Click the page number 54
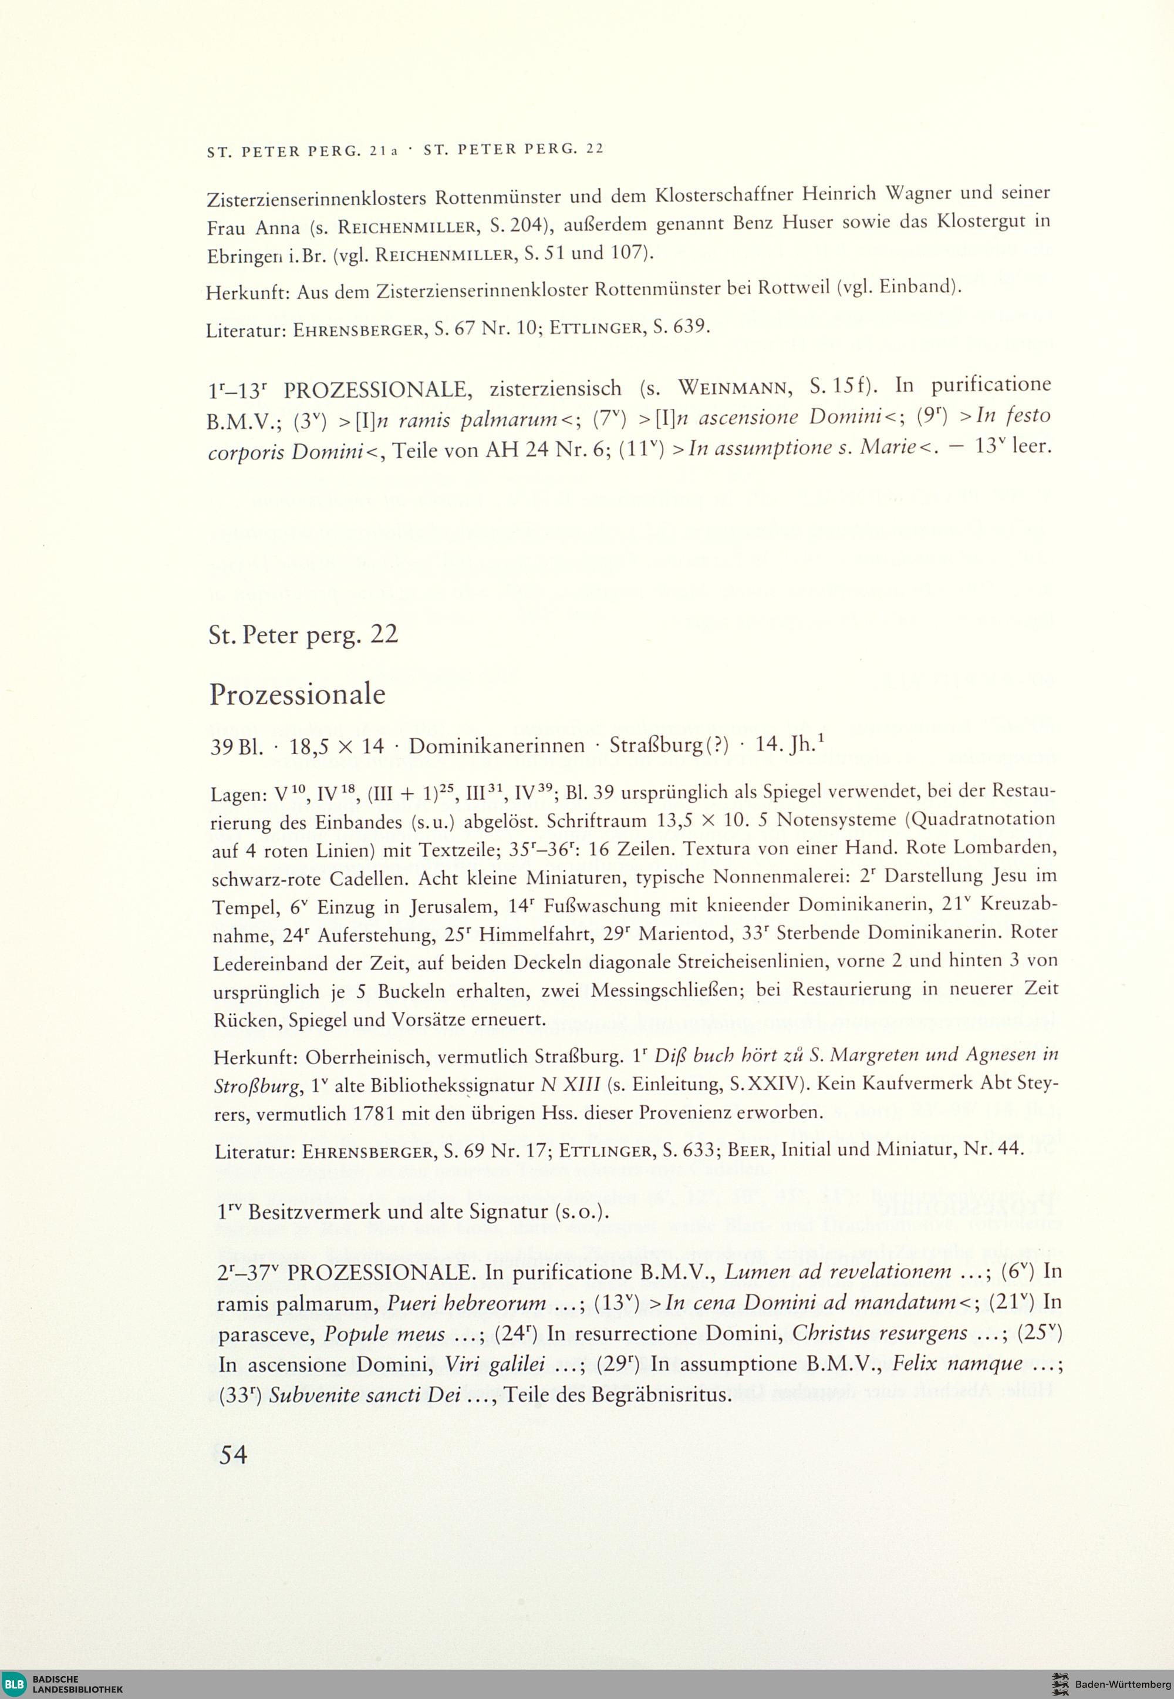pos(232,1455)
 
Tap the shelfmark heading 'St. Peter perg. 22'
pos(303,634)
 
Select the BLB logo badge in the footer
pos(15,1683)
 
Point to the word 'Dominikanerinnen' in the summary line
pos(497,746)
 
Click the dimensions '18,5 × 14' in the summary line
pos(337,746)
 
